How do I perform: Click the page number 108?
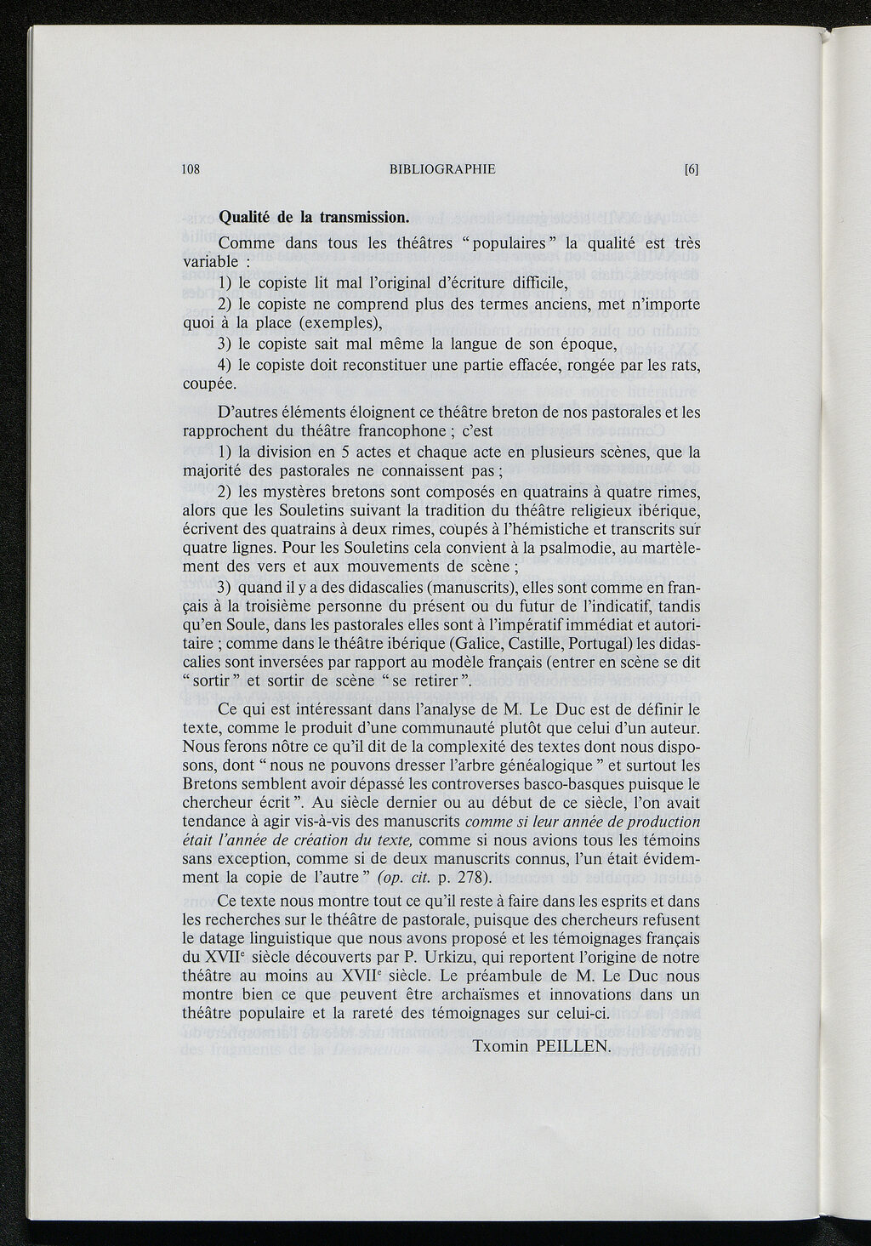click(191, 169)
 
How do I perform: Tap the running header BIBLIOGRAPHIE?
click(441, 169)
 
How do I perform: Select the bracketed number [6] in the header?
click(691, 169)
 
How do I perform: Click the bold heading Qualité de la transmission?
click(314, 217)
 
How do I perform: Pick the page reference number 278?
click(471, 877)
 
